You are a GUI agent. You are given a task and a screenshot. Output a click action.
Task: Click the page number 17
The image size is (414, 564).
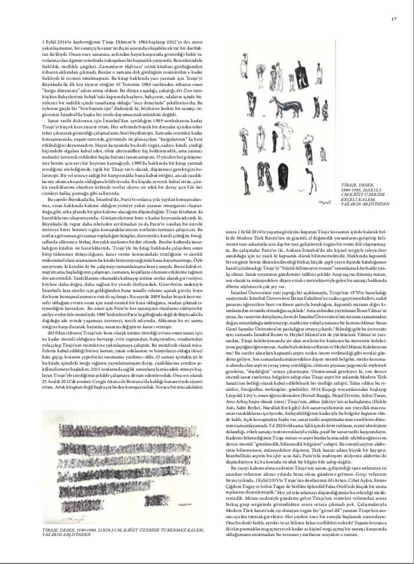click(393, 20)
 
